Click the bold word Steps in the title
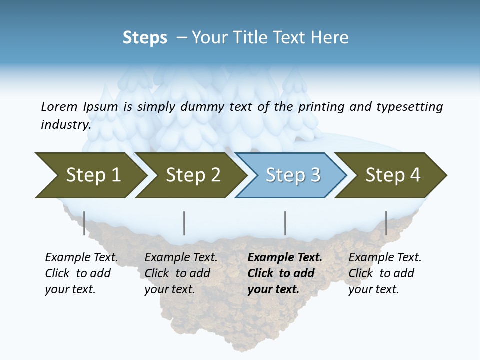145,38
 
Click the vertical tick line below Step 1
84,223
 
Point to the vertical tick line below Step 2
184,223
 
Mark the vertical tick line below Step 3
285,223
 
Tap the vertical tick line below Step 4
386,223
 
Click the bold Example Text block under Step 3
285,273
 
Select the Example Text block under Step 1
81,273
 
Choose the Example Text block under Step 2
181,273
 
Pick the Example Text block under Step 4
385,273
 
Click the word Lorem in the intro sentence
59,106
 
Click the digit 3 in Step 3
315,175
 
